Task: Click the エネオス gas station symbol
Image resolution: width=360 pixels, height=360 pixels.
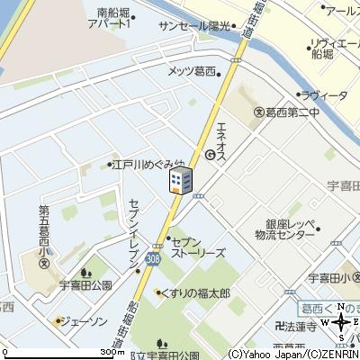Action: click(209, 154)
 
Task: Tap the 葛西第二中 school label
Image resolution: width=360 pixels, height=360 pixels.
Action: click(286, 112)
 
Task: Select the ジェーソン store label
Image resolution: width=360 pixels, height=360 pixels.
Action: click(80, 319)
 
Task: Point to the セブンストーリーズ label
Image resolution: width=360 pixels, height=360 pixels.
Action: click(196, 246)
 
